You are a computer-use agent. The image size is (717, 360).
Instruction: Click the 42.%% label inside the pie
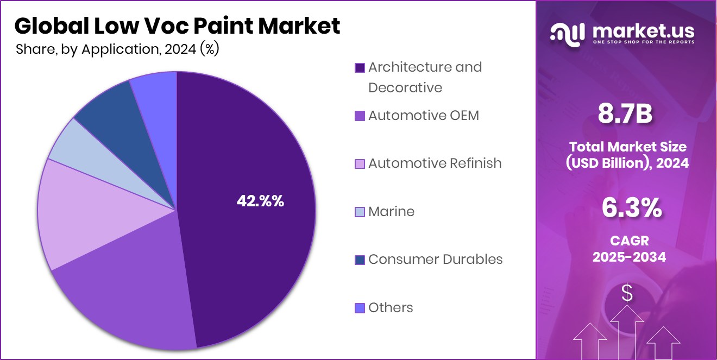pos(260,201)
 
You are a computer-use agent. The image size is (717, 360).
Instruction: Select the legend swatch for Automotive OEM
pos(359,116)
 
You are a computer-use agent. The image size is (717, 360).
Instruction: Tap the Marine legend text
pos(391,212)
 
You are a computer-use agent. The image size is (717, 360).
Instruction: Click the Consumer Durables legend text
pos(435,260)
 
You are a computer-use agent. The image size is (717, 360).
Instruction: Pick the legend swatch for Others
pos(359,308)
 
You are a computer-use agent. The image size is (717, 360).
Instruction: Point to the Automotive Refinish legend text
pos(435,163)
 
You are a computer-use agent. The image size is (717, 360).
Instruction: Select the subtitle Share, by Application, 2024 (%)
pos(117,49)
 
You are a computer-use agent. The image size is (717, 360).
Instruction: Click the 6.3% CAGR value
pos(631,208)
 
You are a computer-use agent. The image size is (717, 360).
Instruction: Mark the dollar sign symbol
pos(627,294)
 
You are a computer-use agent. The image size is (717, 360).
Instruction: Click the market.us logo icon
pos(568,33)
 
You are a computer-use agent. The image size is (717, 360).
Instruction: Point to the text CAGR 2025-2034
pos(629,249)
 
